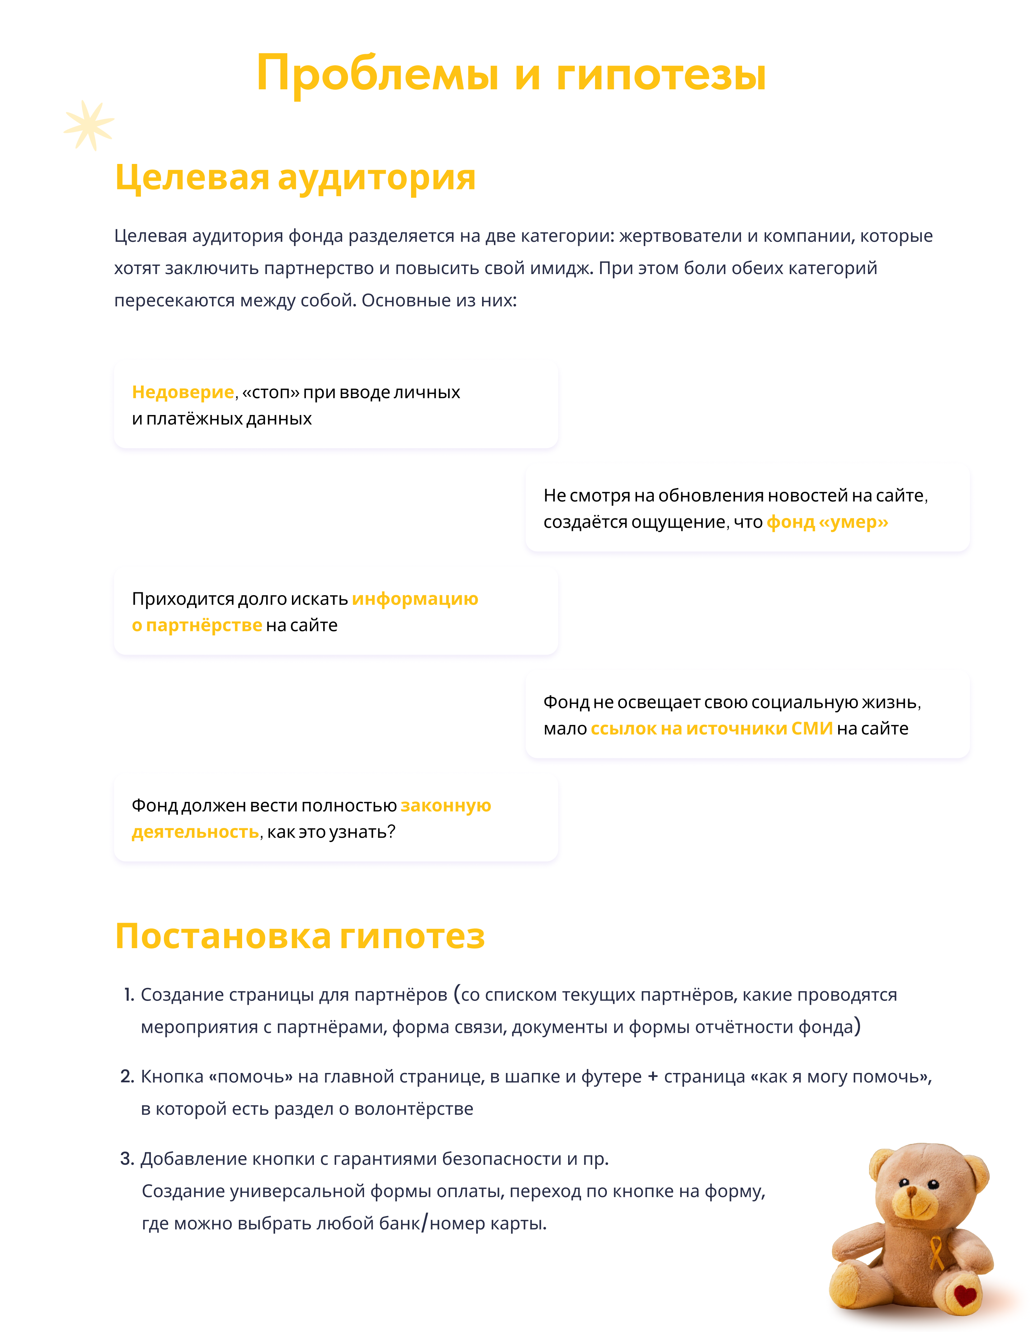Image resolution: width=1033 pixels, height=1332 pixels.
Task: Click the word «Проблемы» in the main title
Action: tap(377, 74)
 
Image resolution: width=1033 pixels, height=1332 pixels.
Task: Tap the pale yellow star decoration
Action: tap(89, 125)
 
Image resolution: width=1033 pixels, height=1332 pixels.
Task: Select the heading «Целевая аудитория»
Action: tap(295, 178)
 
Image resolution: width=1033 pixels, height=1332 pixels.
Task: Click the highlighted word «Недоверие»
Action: tap(183, 392)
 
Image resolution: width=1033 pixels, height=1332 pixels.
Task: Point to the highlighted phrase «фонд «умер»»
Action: tap(827, 522)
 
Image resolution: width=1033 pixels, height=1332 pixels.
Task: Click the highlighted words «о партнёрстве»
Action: tap(197, 625)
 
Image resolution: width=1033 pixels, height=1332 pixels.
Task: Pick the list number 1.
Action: tap(129, 995)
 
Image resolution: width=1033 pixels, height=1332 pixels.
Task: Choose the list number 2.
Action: tap(127, 1077)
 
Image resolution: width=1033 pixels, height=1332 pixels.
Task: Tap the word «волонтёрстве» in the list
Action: tap(414, 1109)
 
